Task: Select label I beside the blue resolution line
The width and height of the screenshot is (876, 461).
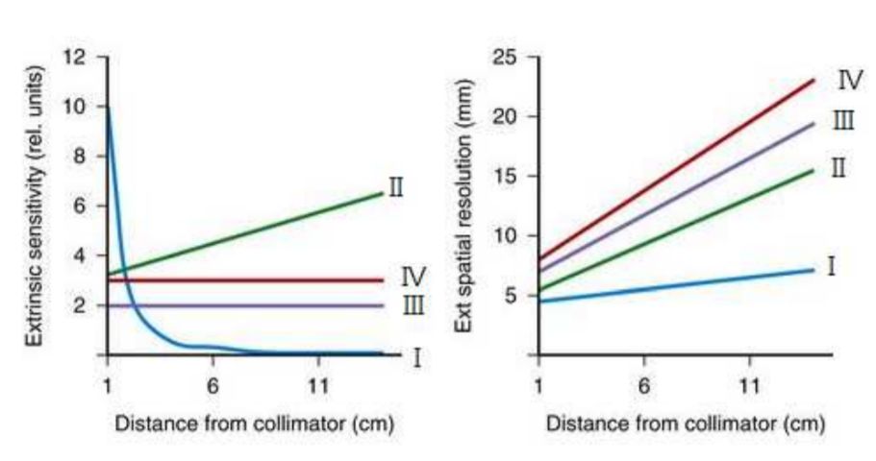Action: click(x=832, y=267)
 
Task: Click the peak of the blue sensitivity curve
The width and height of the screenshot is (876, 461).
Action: click(x=108, y=108)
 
